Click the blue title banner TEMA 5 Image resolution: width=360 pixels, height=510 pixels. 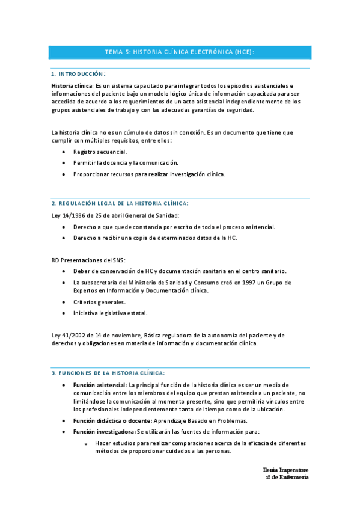pyautogui.click(x=180, y=52)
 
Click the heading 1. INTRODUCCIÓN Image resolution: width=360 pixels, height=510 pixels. pyautogui.click(x=79, y=74)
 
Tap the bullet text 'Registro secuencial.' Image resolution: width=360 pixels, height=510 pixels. pyautogui.click(x=100, y=152)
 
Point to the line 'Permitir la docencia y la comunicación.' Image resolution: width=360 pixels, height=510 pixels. pyautogui.click(x=126, y=162)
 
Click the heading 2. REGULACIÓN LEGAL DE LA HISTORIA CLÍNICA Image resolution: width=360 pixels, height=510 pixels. pyautogui.click(x=120, y=204)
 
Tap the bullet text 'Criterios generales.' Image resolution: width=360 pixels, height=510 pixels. pyautogui.click(x=99, y=302)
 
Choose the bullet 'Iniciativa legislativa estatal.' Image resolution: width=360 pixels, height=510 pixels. pyautogui.click(x=110, y=313)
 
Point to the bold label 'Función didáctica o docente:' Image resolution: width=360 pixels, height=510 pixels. pyautogui.click(x=112, y=420)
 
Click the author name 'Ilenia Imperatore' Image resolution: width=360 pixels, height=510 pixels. pyautogui.click(x=285, y=469)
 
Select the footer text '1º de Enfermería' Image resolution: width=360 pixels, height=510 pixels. pyautogui.click(x=287, y=477)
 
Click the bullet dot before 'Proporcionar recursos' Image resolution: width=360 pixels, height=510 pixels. pyautogui.click(x=64, y=174)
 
